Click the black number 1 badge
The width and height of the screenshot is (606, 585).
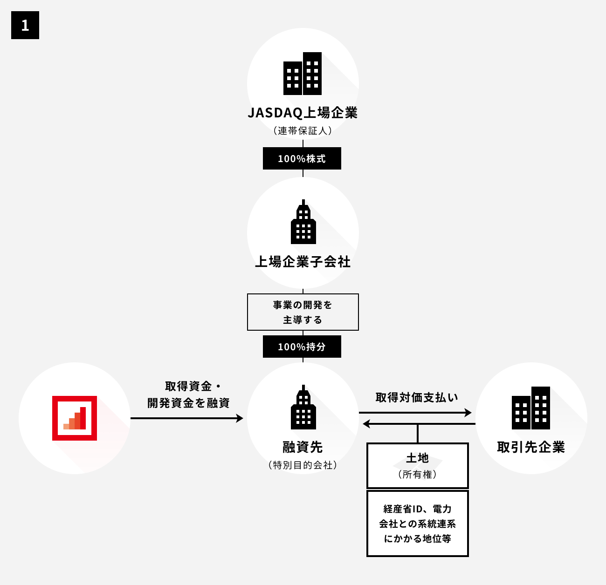(x=25, y=25)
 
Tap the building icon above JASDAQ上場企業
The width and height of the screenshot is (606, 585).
(x=303, y=74)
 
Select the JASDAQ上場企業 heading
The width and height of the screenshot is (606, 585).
(x=303, y=113)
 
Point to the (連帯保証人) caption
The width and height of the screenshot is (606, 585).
(x=303, y=131)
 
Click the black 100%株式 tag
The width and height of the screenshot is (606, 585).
(x=302, y=158)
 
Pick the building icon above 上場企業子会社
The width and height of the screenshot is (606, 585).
(x=303, y=222)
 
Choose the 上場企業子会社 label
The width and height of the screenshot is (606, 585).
(x=303, y=262)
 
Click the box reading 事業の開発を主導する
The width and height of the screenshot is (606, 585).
(x=303, y=312)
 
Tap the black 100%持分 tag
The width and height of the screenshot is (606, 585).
(x=302, y=347)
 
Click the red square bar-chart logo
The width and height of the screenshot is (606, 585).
(x=75, y=418)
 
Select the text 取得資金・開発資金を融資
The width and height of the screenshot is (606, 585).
(x=188, y=395)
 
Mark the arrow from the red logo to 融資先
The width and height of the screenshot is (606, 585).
(x=186, y=418)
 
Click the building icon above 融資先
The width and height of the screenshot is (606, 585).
(x=303, y=408)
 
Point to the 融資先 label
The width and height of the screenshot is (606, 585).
(x=303, y=447)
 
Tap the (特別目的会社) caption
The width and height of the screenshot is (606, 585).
(x=303, y=465)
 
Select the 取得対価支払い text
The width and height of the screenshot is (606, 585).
(x=417, y=397)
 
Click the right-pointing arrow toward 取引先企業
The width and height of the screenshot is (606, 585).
(x=415, y=413)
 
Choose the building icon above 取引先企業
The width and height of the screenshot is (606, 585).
(x=530, y=408)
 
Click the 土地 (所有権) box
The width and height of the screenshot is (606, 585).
(x=417, y=465)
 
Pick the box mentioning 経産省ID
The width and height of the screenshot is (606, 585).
(x=417, y=524)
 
